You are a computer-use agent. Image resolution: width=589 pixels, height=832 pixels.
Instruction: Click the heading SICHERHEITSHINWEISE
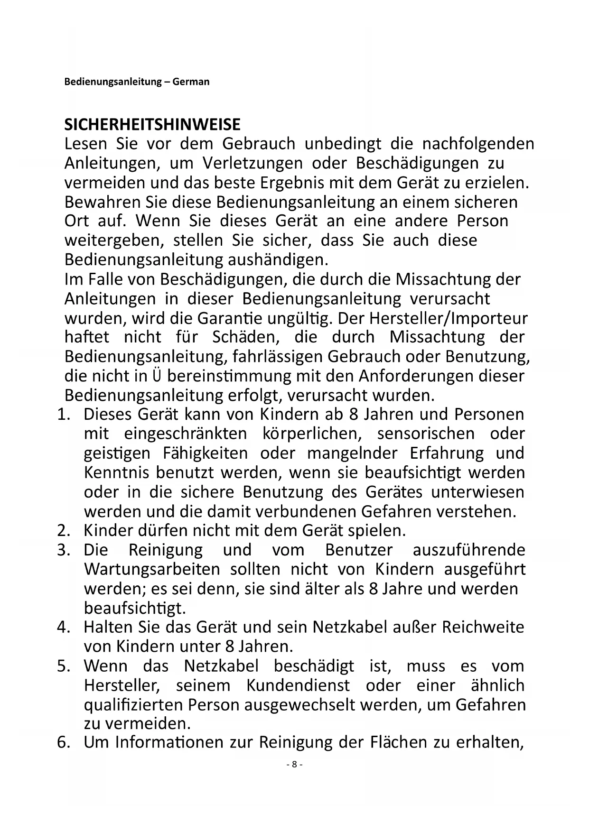pyautogui.click(x=152, y=125)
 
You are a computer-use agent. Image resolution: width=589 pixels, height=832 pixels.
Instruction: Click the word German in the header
pyautogui.click(x=191, y=82)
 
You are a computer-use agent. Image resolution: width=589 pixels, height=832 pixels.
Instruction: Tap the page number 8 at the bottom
pyautogui.click(x=294, y=764)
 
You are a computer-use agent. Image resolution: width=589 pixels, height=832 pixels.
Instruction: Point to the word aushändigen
pyautogui.click(x=278, y=260)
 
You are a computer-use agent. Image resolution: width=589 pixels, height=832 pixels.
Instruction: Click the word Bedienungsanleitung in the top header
pyautogui.click(x=113, y=82)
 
